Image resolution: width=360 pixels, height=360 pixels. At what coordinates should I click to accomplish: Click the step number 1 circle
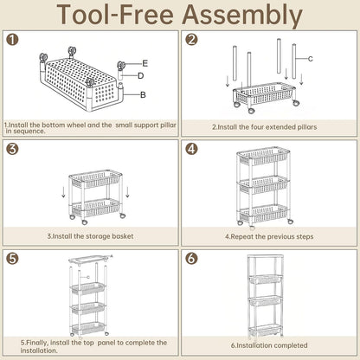[x=12, y=39]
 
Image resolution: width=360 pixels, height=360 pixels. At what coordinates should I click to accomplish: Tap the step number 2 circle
[x=191, y=39]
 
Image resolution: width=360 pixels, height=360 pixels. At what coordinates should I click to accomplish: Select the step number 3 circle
[x=12, y=149]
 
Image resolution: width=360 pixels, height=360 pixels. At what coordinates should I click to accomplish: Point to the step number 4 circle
[x=191, y=149]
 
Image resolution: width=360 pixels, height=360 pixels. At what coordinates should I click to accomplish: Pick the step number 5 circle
[x=12, y=259]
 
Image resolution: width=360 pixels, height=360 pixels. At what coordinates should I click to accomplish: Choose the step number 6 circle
[x=191, y=259]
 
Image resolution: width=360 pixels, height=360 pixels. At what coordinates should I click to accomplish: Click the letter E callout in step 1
[x=145, y=63]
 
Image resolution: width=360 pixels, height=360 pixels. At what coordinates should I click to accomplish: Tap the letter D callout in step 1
[x=140, y=76]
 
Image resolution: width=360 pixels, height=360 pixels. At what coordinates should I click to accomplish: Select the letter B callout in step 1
[x=143, y=94]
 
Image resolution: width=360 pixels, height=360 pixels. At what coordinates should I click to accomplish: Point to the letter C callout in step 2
[x=311, y=59]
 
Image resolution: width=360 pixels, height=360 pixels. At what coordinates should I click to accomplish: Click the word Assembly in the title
[x=242, y=15]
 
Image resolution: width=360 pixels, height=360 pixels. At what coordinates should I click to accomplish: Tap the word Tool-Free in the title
[x=115, y=14]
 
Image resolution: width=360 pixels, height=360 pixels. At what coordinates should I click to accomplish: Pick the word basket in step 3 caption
[x=123, y=236]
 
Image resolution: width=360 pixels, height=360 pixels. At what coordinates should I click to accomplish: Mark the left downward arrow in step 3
[x=64, y=192]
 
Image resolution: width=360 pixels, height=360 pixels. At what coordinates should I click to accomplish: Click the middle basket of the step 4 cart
[x=263, y=183]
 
